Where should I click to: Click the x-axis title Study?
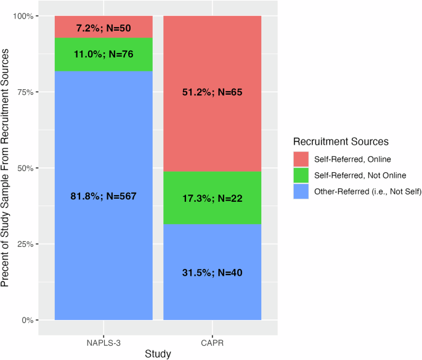(158, 353)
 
